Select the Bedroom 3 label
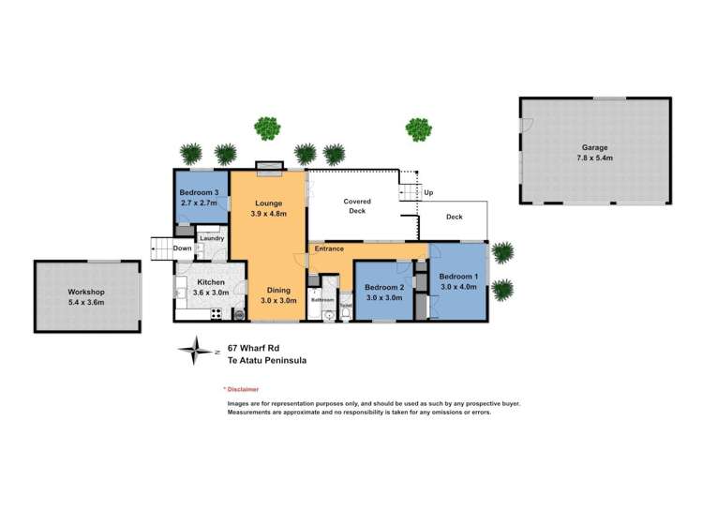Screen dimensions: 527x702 pos(200,198)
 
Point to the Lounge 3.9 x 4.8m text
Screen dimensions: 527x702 pos(269,208)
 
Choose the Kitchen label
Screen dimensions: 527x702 pos(207,287)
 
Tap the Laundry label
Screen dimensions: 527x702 pos(210,239)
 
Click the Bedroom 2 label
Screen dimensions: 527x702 pos(383,292)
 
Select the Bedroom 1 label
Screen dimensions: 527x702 pos(458,280)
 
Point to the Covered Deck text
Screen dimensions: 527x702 pos(356,206)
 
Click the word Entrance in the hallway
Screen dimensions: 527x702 pos(329,248)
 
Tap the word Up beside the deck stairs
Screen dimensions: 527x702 pos(428,193)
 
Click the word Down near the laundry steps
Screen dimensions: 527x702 pos(182,248)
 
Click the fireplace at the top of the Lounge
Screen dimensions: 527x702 pos(268,168)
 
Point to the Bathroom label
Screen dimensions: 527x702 pos(322,300)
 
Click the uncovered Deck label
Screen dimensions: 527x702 pos(454,217)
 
